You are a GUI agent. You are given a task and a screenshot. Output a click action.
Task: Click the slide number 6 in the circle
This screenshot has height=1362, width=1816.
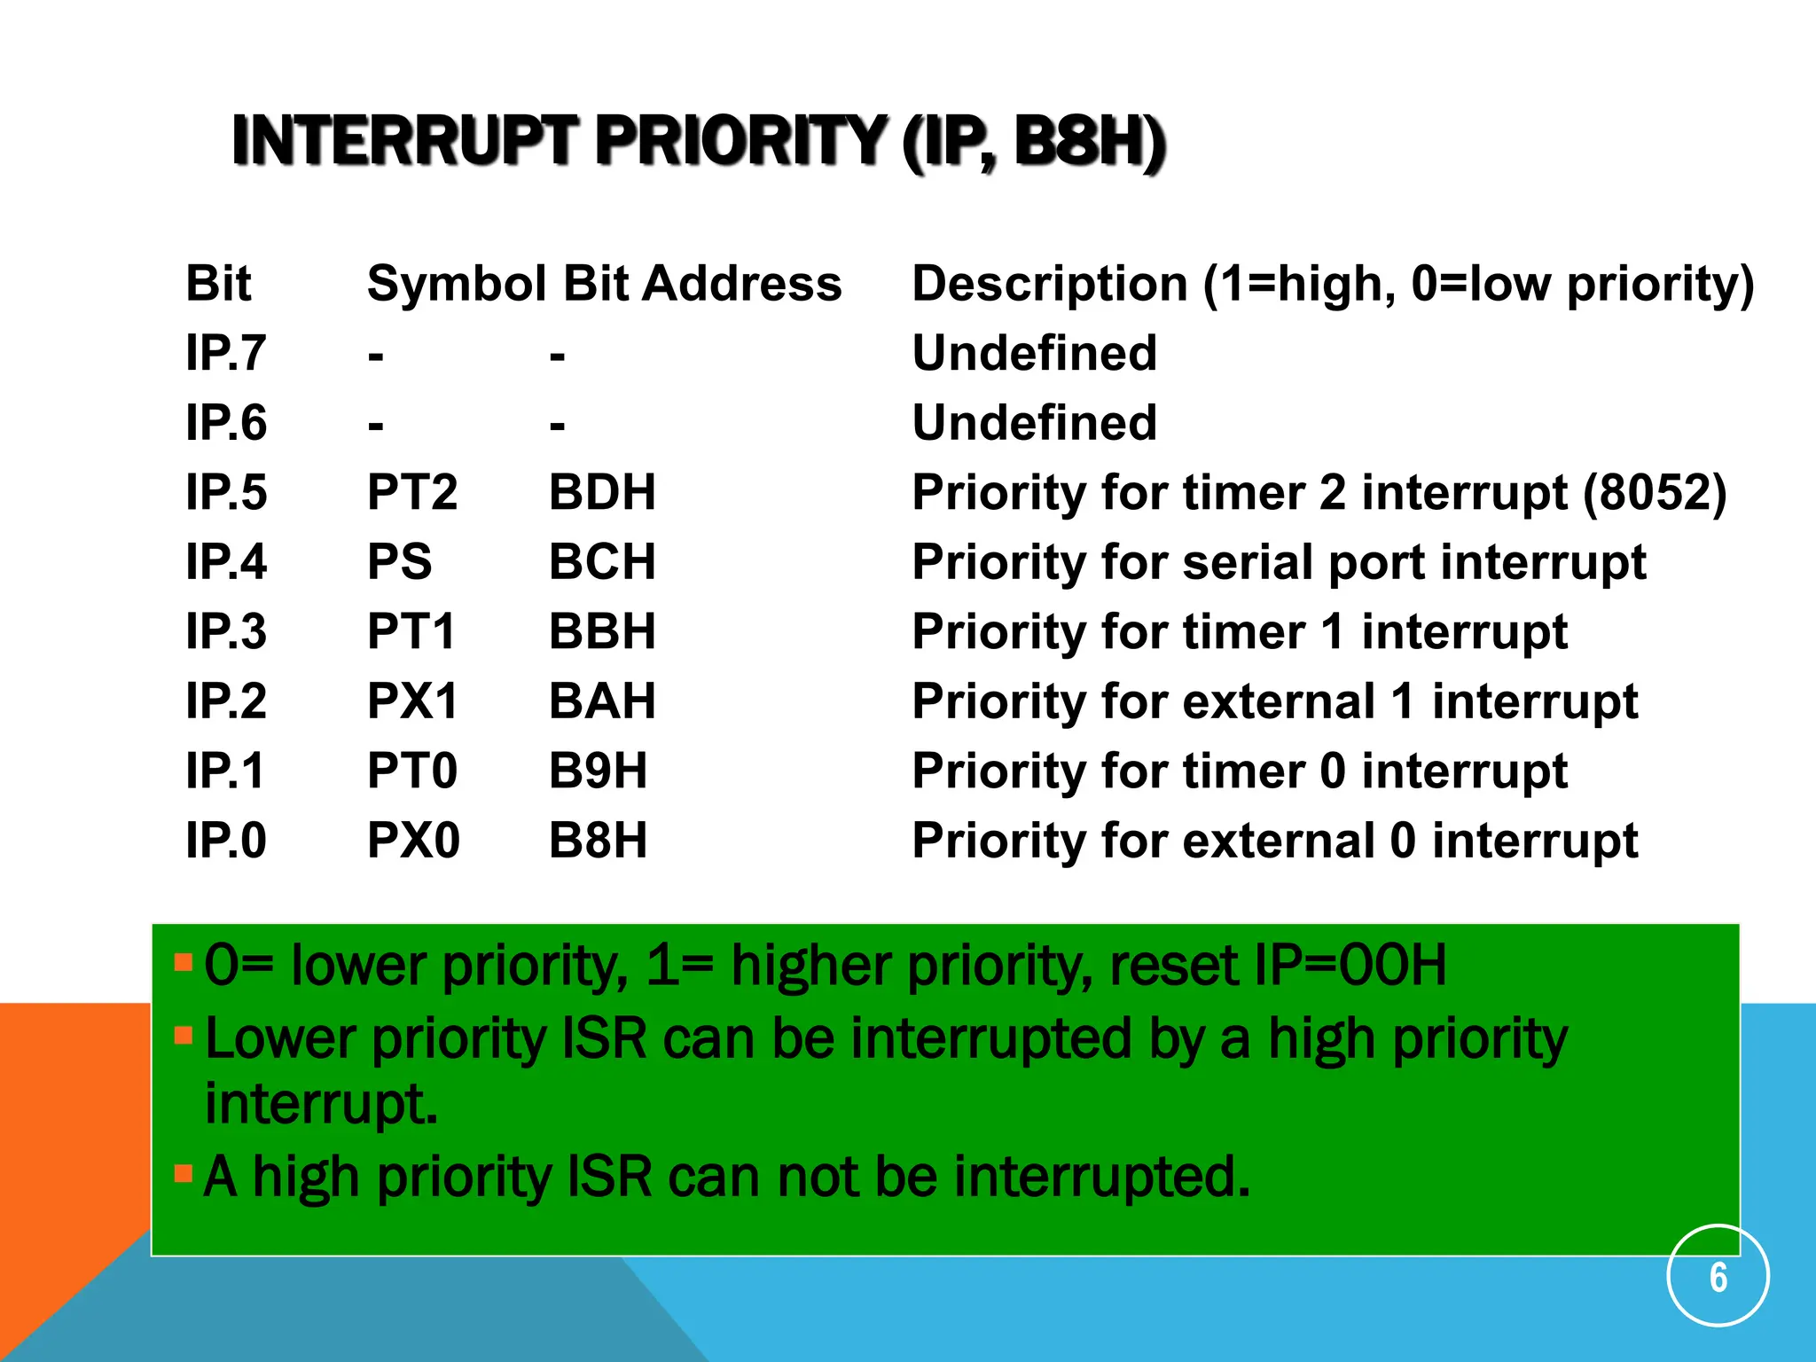[x=1718, y=1277]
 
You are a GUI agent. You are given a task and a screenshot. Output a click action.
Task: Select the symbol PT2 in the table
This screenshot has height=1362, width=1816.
[x=412, y=492]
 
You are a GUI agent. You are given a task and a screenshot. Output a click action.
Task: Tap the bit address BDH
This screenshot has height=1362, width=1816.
[x=602, y=492]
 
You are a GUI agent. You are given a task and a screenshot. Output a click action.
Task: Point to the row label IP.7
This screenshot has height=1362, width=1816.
[x=225, y=353]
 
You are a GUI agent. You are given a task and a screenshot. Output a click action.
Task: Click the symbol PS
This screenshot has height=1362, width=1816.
[x=399, y=562]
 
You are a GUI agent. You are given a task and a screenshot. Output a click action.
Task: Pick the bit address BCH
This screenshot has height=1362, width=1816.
[x=602, y=562]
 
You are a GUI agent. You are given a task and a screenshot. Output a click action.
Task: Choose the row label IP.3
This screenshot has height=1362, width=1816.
[x=225, y=631]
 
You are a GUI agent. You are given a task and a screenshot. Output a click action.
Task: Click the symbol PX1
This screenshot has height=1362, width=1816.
[x=412, y=701]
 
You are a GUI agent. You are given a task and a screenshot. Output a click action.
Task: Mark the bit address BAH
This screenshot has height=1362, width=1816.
[x=602, y=701]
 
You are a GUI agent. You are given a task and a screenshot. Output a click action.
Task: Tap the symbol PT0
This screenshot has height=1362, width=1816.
[x=412, y=771]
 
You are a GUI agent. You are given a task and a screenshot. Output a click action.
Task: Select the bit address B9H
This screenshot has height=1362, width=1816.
[x=598, y=771]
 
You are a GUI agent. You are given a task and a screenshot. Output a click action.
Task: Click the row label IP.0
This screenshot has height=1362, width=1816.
[x=225, y=841]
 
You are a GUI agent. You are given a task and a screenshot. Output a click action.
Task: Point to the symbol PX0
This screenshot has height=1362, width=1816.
[x=413, y=841]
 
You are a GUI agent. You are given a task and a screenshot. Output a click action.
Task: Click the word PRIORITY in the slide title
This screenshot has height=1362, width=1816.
[x=740, y=142]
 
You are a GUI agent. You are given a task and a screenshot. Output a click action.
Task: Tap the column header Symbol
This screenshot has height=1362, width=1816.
[x=457, y=284]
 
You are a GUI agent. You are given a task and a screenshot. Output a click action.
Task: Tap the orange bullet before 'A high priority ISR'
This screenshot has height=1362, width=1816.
[x=184, y=1174]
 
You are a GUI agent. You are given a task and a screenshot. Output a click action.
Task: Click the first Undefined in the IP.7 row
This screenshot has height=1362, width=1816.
[x=1035, y=353]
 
